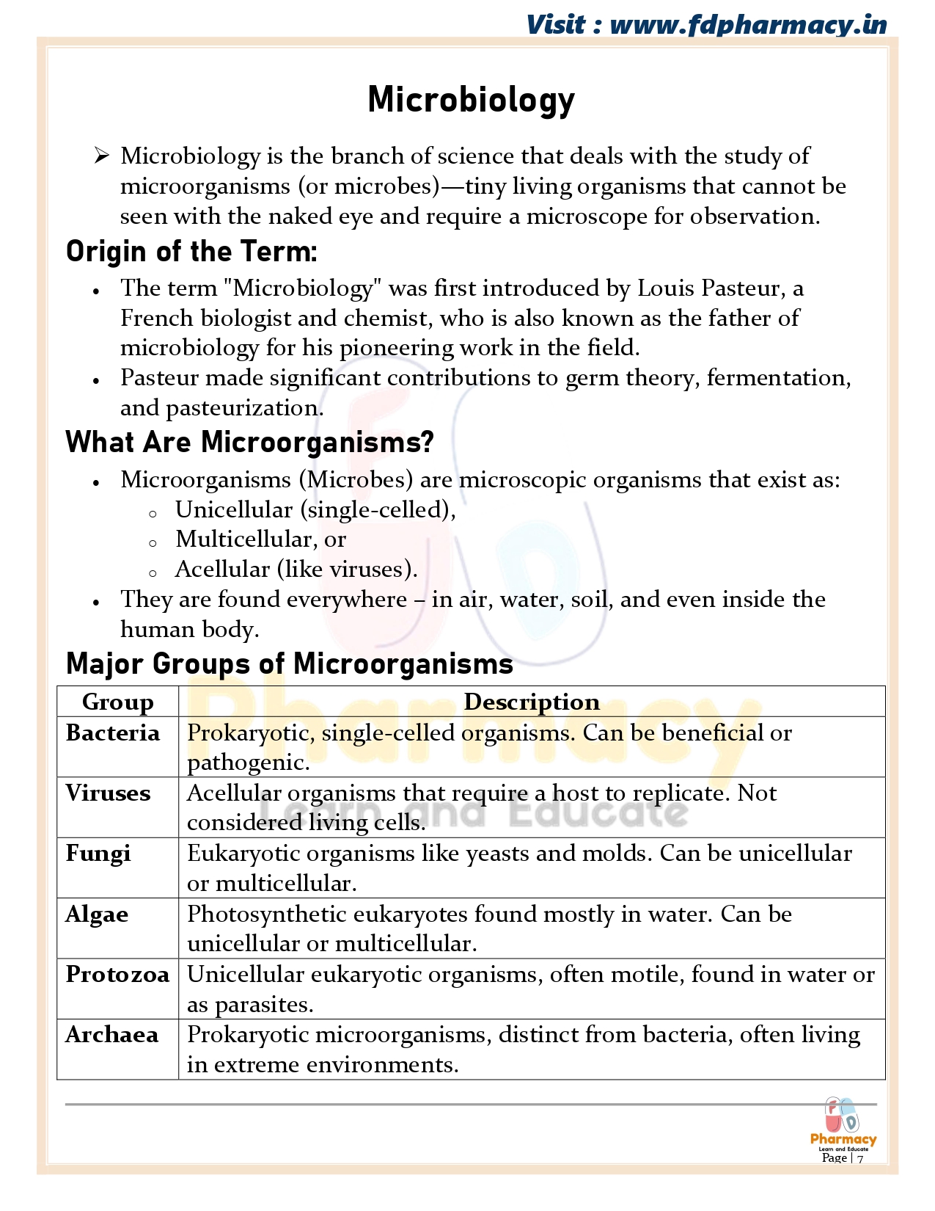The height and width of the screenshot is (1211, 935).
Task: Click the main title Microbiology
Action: tap(471, 100)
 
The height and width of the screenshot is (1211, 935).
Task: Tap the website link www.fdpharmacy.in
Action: tap(748, 25)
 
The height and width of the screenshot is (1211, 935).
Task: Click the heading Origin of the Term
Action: tap(191, 252)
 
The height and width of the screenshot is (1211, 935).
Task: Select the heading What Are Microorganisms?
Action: tap(249, 443)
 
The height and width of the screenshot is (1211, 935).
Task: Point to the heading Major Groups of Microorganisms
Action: tap(289, 663)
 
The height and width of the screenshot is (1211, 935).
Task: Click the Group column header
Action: tap(117, 702)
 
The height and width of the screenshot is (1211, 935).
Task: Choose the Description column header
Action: tap(532, 702)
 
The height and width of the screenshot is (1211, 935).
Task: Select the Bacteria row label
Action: tap(112, 732)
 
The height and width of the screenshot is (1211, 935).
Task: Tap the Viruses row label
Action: tap(108, 793)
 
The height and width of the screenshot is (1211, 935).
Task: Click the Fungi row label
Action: tap(98, 854)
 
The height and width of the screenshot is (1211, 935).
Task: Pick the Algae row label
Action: tap(97, 914)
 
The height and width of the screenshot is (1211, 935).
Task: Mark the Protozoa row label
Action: tap(117, 974)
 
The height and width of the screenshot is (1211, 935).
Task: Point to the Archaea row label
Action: tap(111, 1035)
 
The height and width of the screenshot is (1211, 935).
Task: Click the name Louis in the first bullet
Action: tap(666, 288)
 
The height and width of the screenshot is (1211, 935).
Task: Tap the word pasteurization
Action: tap(244, 408)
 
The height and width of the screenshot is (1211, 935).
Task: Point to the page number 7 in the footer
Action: tap(860, 1159)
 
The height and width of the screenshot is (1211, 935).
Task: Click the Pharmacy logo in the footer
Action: tap(843, 1124)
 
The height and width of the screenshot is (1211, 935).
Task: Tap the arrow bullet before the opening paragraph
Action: tap(101, 156)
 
